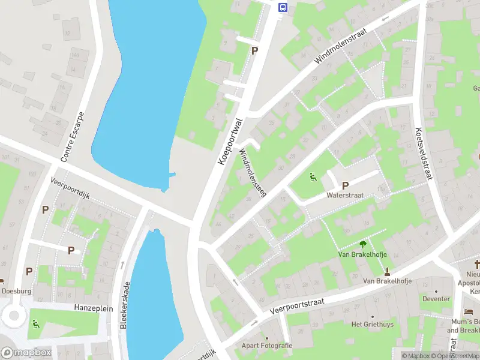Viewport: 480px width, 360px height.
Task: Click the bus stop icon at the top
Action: (283, 7)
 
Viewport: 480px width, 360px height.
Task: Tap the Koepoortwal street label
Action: (230, 142)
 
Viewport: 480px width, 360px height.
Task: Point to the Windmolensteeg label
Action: (253, 173)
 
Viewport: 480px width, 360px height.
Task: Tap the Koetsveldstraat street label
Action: (424, 153)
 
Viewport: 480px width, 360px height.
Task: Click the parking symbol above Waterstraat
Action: (345, 186)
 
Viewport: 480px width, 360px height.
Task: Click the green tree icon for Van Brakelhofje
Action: (362, 244)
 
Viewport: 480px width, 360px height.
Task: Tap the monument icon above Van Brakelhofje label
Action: (387, 272)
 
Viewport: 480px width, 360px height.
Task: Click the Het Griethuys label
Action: (372, 324)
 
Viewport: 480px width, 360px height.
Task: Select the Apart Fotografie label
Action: (267, 345)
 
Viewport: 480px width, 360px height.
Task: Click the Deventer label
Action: (436, 299)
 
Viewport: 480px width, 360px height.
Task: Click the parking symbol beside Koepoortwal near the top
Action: (254, 51)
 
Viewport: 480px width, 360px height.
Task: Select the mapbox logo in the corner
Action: (25, 353)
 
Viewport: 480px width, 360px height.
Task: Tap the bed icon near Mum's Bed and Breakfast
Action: (469, 312)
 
